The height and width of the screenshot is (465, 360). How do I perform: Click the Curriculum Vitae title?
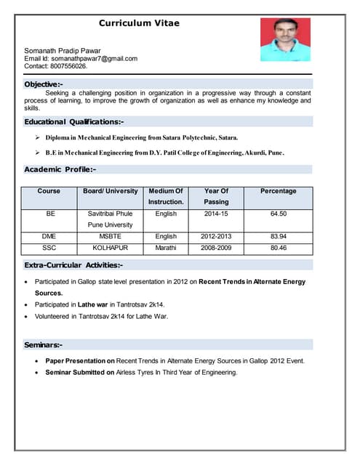click(x=139, y=23)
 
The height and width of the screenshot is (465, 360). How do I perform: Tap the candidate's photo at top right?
click(x=284, y=39)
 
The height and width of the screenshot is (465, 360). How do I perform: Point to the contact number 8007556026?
click(x=68, y=66)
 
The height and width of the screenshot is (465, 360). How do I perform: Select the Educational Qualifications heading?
click(x=74, y=121)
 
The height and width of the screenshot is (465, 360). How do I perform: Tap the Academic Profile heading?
click(x=60, y=169)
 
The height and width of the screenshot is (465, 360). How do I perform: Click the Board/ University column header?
click(x=110, y=191)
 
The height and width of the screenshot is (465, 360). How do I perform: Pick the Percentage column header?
click(x=278, y=191)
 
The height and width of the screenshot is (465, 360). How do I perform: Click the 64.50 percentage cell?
click(x=278, y=214)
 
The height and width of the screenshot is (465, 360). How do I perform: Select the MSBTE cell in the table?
click(x=110, y=236)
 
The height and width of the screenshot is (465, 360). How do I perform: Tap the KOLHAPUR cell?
click(x=110, y=248)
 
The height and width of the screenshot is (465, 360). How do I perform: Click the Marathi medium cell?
click(x=166, y=248)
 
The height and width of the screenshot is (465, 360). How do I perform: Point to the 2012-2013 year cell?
click(x=216, y=236)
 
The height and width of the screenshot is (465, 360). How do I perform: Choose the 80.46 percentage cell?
click(x=278, y=248)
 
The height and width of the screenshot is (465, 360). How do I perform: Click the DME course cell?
click(x=49, y=236)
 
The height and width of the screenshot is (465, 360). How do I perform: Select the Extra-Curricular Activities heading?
click(x=73, y=265)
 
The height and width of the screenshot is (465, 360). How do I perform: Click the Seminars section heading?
click(x=44, y=344)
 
